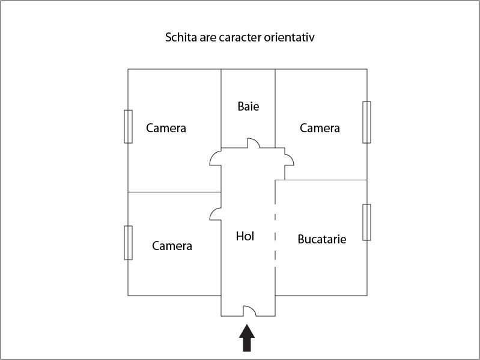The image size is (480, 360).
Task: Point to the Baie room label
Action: coord(248,106)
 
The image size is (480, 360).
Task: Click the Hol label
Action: coord(245,236)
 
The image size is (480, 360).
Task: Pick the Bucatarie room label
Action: coord(322,239)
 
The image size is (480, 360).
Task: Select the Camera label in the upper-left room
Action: coord(166,128)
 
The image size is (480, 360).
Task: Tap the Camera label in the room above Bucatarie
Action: coord(320,128)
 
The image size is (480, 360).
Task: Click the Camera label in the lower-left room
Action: coord(172,246)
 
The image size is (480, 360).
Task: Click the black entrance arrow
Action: coord(247,338)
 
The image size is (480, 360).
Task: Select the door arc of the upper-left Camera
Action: coord(213,155)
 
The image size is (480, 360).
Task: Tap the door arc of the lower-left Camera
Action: coord(213,212)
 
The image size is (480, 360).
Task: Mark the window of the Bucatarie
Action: coord(366,222)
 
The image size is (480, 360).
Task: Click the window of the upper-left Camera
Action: coord(129,126)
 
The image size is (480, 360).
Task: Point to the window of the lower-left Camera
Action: coord(129,243)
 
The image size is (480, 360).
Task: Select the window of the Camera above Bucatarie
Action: coord(366,122)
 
